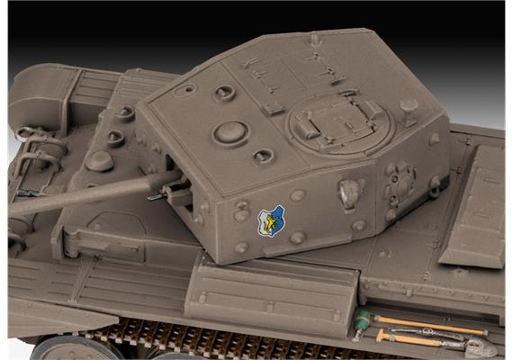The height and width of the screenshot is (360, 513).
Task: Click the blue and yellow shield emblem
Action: [271, 220]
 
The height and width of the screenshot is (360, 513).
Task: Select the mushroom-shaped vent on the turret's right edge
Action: [409, 107]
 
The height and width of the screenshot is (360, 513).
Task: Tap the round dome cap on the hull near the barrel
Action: [98, 161]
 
